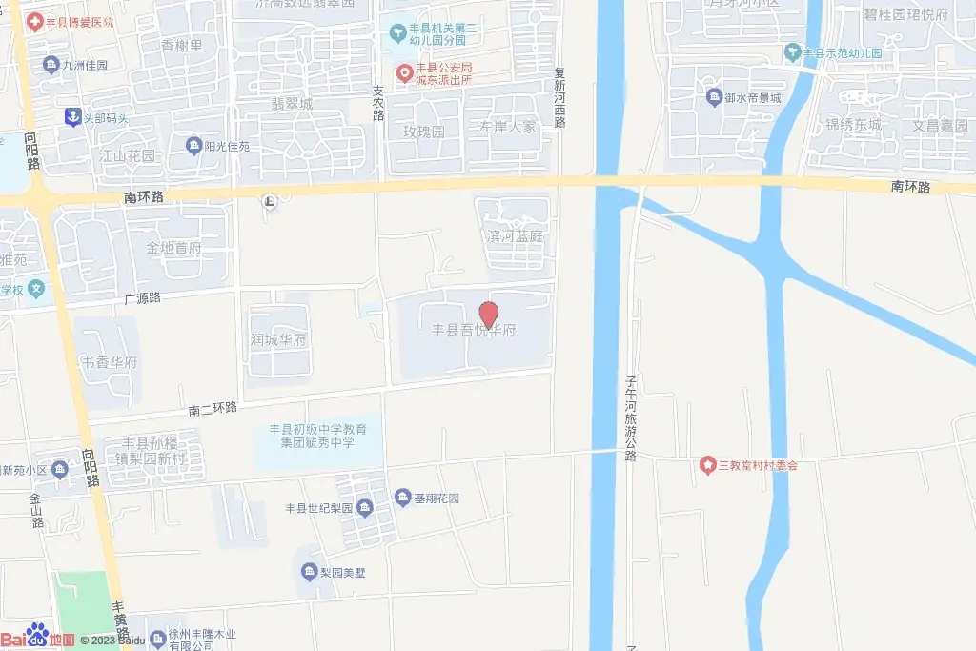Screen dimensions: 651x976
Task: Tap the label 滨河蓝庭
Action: (515, 236)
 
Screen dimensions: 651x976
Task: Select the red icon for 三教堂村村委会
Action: (707, 465)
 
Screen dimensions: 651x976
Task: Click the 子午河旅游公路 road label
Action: (630, 417)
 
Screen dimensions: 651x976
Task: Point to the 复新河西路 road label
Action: (561, 98)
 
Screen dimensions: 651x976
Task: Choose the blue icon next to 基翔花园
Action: (402, 498)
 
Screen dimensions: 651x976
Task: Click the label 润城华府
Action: (277, 340)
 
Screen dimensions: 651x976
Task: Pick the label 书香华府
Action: (110, 363)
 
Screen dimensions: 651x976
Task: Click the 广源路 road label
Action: (142, 298)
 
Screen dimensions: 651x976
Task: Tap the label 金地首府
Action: (173, 249)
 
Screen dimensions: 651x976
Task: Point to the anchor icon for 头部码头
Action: (71, 117)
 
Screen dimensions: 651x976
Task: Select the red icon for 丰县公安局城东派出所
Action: (404, 72)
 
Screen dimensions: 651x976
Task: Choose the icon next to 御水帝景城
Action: (714, 97)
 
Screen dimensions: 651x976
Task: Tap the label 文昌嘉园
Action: (939, 126)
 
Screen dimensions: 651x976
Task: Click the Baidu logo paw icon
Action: (38, 635)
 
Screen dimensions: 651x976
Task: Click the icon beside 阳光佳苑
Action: (194, 146)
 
